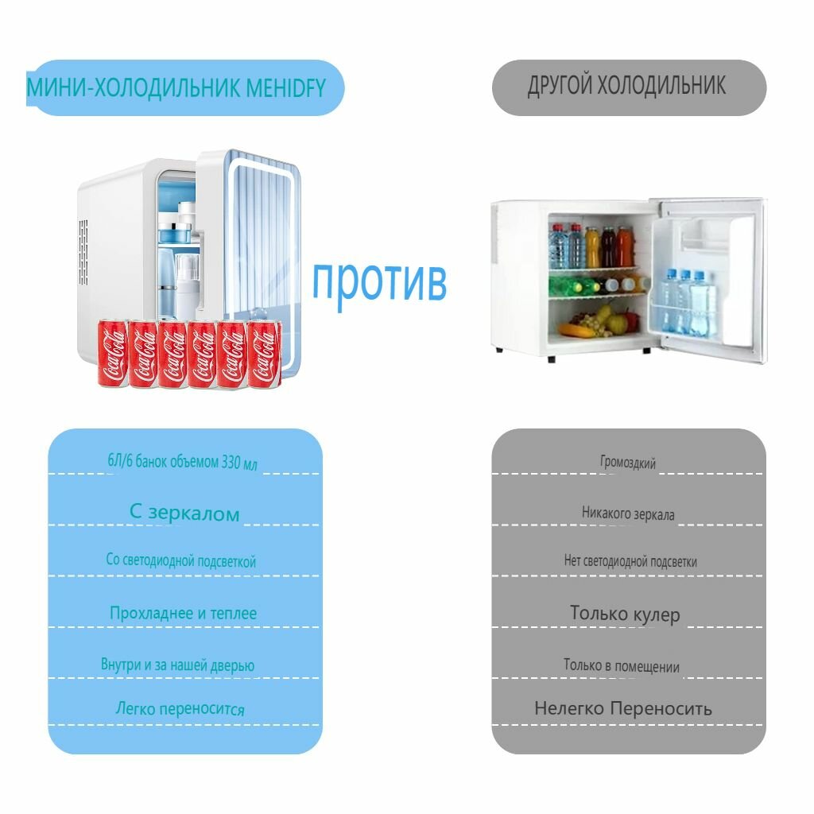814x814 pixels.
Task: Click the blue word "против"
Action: point(378,281)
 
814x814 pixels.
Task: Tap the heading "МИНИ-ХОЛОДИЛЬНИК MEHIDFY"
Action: point(176,87)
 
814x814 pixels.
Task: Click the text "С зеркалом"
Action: point(184,514)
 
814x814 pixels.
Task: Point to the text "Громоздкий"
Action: point(628,463)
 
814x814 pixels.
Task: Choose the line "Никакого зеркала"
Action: point(628,514)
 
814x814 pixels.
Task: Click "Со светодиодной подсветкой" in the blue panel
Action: point(181,561)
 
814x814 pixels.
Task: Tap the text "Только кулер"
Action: point(626,614)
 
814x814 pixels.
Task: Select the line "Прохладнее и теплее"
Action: point(184,614)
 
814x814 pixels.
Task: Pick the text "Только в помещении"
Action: point(622,666)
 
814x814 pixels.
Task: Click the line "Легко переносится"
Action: point(180,709)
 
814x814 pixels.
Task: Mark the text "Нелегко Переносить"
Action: point(623,708)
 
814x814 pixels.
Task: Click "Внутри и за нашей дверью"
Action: point(178,665)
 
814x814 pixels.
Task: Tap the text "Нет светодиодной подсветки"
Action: point(630,561)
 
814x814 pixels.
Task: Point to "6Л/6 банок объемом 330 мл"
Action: point(183,463)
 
